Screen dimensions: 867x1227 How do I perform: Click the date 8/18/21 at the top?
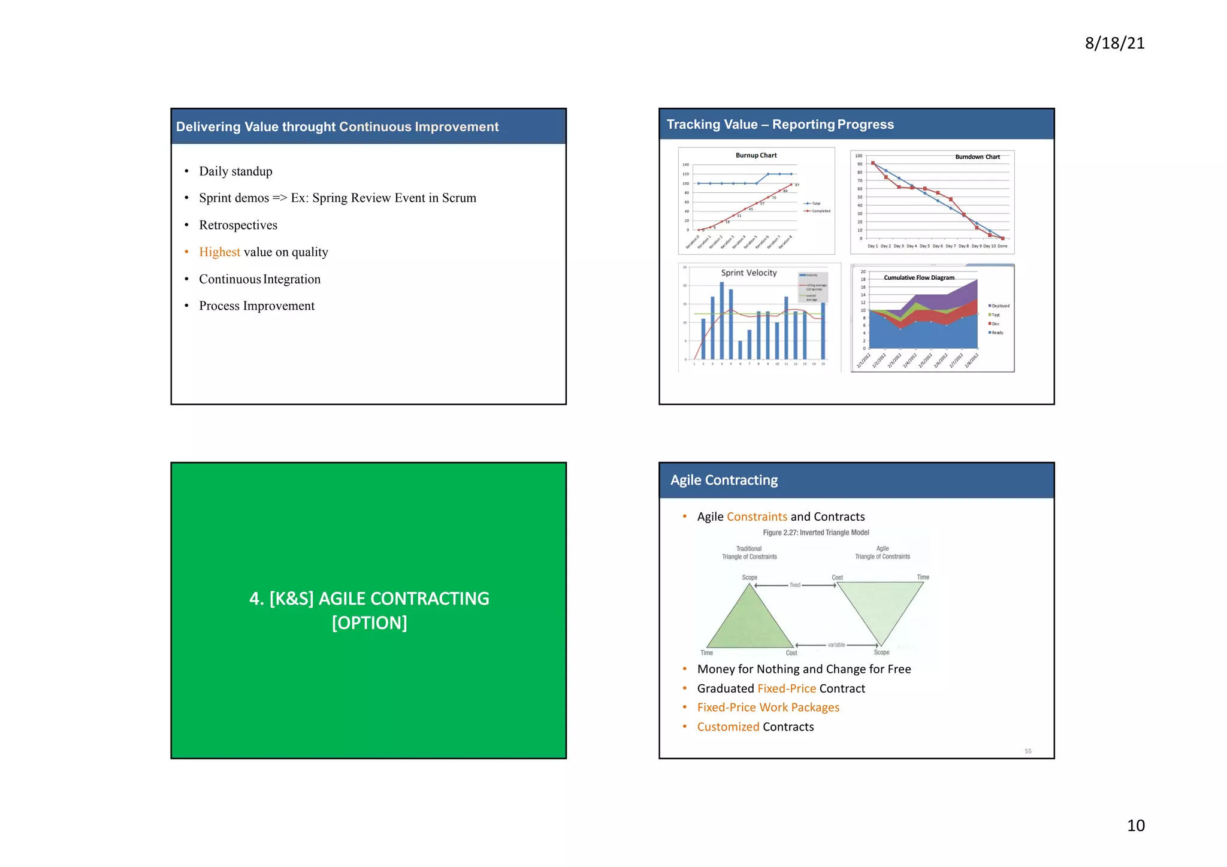(x=1114, y=43)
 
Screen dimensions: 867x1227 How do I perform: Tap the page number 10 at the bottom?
(x=1135, y=825)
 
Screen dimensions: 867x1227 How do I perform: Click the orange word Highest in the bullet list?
(x=219, y=252)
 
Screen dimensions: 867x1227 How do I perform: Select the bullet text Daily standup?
(x=235, y=171)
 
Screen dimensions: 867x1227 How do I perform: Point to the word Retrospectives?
(x=238, y=225)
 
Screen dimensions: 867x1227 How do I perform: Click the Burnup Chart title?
(x=756, y=155)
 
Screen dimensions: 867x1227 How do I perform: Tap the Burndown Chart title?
(x=977, y=157)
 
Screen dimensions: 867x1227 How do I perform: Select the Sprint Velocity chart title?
(x=748, y=273)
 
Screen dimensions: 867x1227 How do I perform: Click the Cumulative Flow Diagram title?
(x=919, y=277)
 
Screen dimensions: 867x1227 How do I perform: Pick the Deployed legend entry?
(x=1000, y=306)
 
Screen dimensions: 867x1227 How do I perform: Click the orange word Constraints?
(x=757, y=516)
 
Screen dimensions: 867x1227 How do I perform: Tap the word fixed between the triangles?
(x=795, y=585)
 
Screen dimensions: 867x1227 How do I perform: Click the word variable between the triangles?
(x=836, y=645)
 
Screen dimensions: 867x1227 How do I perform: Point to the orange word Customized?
(x=728, y=727)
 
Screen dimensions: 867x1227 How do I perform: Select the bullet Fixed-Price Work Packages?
(x=768, y=708)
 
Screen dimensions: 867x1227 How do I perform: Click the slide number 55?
(x=1027, y=751)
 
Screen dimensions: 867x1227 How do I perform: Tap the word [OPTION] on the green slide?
(x=369, y=623)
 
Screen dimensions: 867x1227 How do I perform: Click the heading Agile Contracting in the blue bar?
(x=724, y=481)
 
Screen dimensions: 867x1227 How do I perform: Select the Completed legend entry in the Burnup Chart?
(x=820, y=211)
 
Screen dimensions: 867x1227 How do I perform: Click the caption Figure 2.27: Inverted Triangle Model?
(x=815, y=533)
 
